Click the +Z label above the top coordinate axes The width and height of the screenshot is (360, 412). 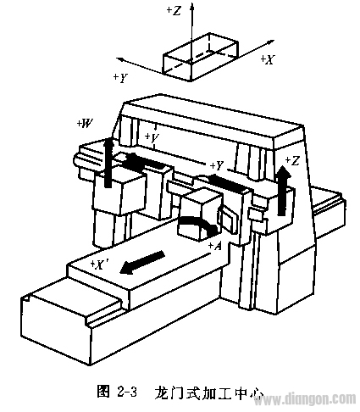[x=174, y=10]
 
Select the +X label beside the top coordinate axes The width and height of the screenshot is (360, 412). [x=267, y=59]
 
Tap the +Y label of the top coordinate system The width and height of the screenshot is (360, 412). [x=120, y=77]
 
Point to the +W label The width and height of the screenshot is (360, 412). [x=86, y=124]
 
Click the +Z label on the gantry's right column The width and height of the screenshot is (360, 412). [x=292, y=160]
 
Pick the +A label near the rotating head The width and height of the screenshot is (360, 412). [x=214, y=246]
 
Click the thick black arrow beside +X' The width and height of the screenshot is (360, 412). [x=141, y=262]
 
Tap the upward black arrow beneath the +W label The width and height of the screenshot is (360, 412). [x=108, y=162]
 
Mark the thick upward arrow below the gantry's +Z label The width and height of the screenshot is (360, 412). [x=283, y=190]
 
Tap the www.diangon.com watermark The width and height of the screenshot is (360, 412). [x=306, y=400]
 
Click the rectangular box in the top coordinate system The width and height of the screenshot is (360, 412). [x=201, y=57]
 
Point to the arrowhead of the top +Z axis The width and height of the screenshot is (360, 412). [x=192, y=6]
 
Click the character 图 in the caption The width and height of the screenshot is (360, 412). [x=103, y=392]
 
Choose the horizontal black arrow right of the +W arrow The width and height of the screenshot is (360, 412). [x=146, y=160]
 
